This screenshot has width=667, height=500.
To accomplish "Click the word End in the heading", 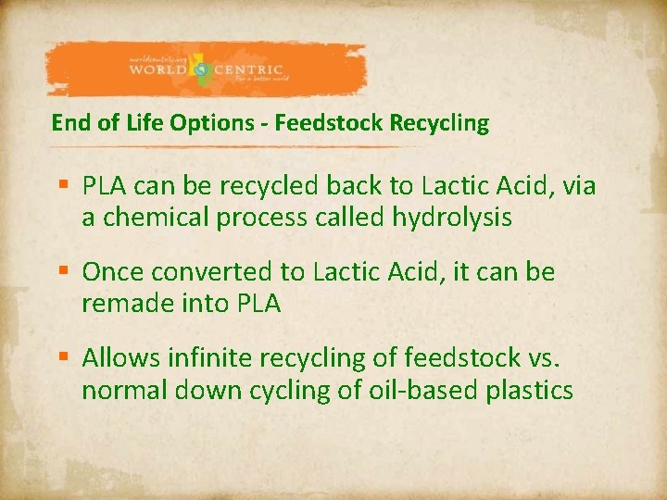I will point(68,122).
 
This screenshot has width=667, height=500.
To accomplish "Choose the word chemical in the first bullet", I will point(153,219).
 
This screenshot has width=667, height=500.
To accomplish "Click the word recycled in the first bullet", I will point(270,187).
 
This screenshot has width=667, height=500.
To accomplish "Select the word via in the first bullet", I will point(576,187).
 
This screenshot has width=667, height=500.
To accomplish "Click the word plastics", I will point(529,390).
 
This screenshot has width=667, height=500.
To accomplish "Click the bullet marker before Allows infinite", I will point(63,358).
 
